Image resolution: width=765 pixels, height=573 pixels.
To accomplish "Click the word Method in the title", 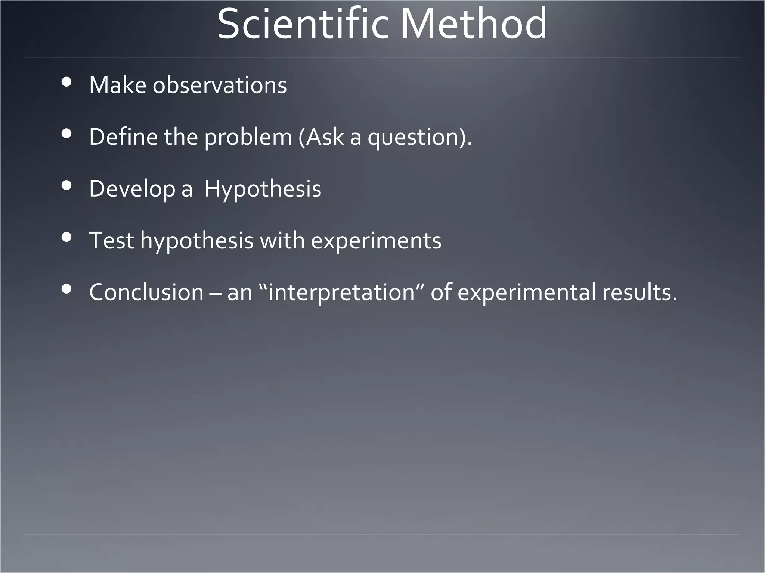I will pyautogui.click(x=474, y=25).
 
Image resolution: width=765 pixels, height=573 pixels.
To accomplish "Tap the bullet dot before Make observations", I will pyautogui.click(x=66, y=82).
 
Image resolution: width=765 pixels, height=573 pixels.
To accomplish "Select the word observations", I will pyautogui.click(x=220, y=85).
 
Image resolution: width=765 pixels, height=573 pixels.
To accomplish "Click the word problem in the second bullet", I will pyautogui.click(x=248, y=137).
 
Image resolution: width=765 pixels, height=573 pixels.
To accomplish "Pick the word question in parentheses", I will pyautogui.click(x=413, y=137).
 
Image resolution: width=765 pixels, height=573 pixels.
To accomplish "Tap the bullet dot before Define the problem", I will pyautogui.click(x=66, y=134).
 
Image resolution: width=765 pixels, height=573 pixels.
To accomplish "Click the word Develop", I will pyautogui.click(x=132, y=189).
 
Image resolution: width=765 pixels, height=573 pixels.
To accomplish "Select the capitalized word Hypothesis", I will pyautogui.click(x=263, y=189).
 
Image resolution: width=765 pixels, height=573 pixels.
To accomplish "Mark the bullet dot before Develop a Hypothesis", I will pyautogui.click(x=66, y=185).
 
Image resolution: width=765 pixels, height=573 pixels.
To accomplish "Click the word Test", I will pyautogui.click(x=111, y=240).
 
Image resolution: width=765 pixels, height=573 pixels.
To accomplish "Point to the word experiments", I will pyautogui.click(x=376, y=241).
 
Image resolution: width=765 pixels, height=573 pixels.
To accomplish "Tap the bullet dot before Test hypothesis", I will pyautogui.click(x=66, y=237).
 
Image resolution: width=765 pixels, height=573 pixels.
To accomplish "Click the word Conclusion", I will pyautogui.click(x=146, y=292).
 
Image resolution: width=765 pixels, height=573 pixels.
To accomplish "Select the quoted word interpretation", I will pyautogui.click(x=342, y=292).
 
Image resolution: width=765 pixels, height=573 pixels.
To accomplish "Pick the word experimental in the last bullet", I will pyautogui.click(x=526, y=292).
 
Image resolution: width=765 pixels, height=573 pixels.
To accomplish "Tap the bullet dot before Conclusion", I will pyautogui.click(x=66, y=289).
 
